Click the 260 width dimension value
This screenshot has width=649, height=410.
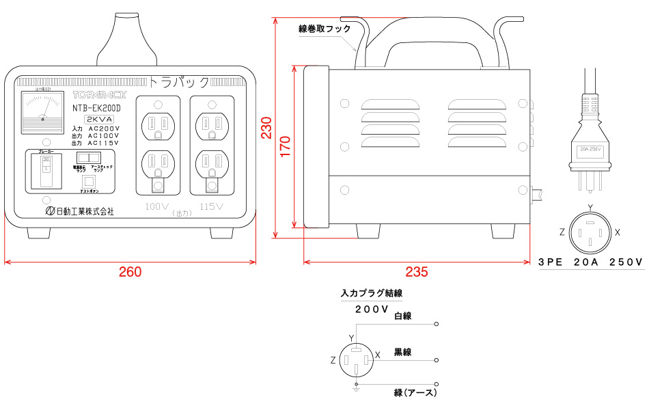point(130,272)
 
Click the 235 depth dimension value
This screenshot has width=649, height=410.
point(416,272)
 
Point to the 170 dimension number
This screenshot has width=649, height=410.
point(285,146)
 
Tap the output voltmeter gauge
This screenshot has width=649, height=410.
point(42,111)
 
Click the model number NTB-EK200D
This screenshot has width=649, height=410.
point(96,108)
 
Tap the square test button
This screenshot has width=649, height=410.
point(88,181)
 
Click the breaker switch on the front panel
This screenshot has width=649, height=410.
point(46,170)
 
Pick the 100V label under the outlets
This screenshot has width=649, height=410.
point(156,206)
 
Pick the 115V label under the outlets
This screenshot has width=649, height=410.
point(212,206)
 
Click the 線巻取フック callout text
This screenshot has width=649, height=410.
point(324,29)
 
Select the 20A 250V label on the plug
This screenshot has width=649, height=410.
point(589,149)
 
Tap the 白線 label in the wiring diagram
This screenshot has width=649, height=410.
point(402,316)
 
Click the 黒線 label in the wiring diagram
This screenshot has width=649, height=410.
point(402,353)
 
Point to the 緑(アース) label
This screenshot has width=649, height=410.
point(415,393)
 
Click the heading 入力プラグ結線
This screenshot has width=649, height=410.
point(371,294)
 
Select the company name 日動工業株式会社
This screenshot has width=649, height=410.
point(79,212)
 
